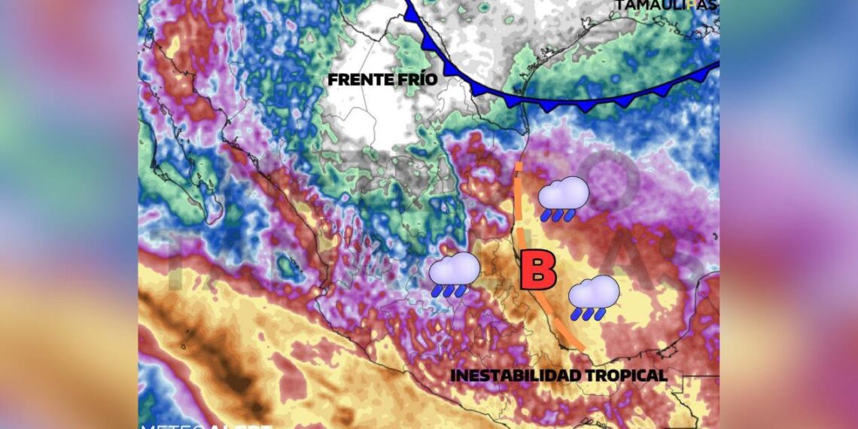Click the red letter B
pos(538,272)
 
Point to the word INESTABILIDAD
pos(515,375)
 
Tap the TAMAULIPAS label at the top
pos(666,5)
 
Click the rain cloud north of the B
pos(563,193)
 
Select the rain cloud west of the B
pos(455,269)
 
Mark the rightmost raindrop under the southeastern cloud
pos(602,314)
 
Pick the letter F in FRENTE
pos(332,79)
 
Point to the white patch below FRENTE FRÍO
pos(376,120)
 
